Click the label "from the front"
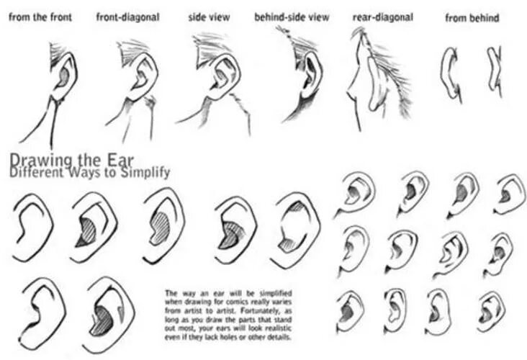tap(41, 16)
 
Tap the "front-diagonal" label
tap(127, 16)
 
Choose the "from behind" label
tap(472, 17)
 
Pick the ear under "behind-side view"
tap(307, 76)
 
